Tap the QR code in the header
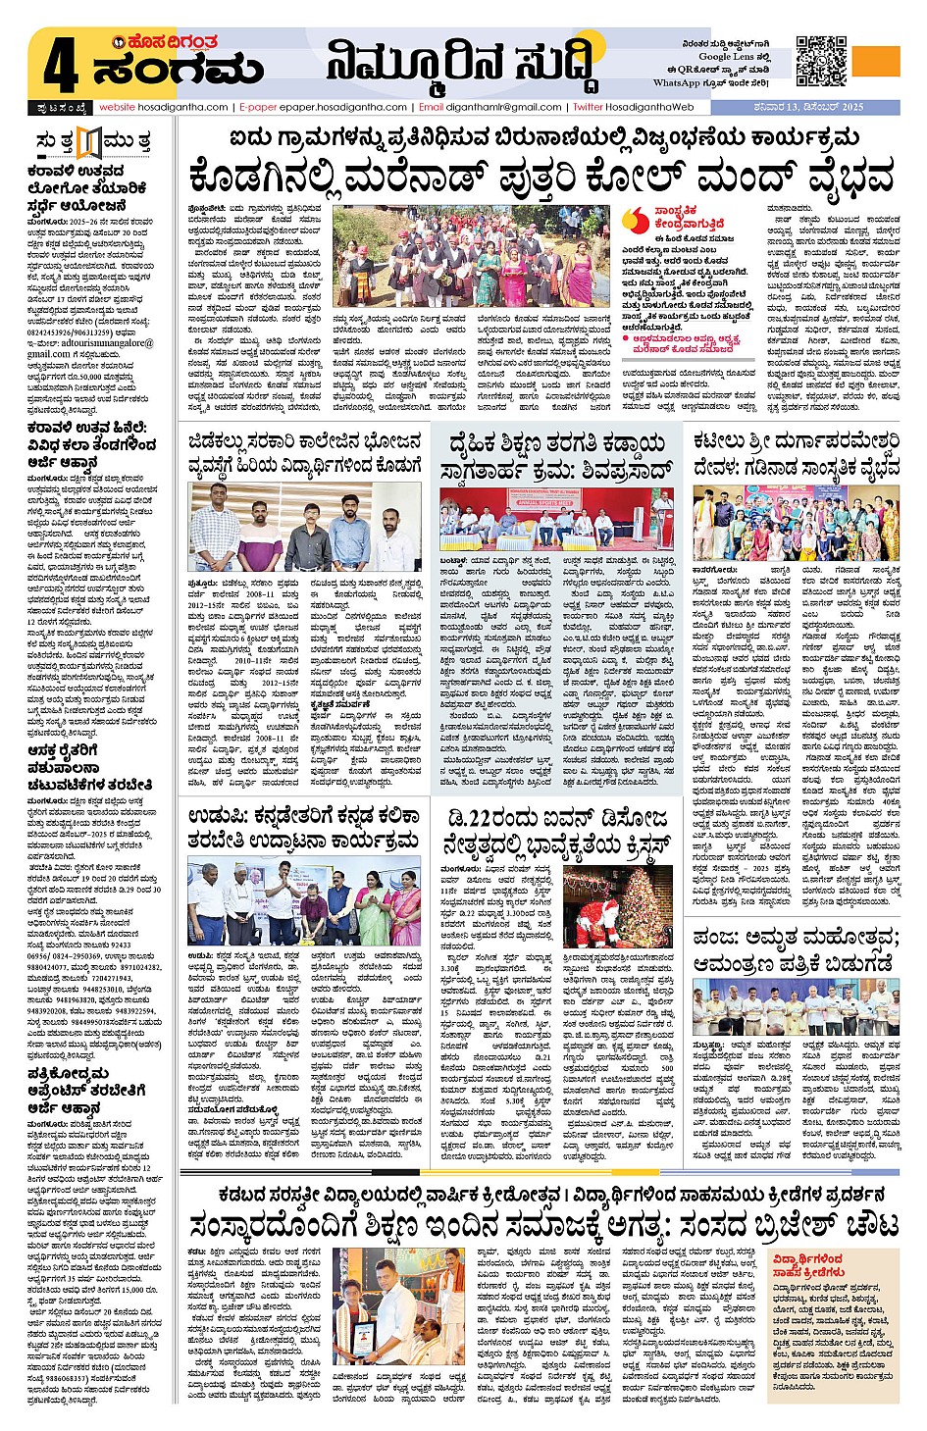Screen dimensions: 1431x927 821,61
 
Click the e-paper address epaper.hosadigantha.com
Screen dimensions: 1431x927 342,107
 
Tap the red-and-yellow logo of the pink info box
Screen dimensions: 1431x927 639,221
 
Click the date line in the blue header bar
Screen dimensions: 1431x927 818,107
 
